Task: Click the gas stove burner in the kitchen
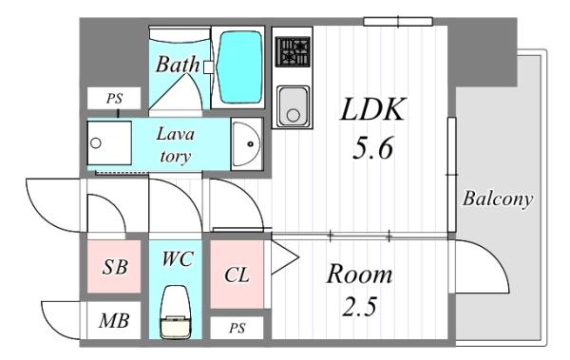pyautogui.click(x=293, y=51)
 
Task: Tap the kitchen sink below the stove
pyautogui.click(x=293, y=106)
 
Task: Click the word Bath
pyautogui.click(x=178, y=65)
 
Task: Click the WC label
pyautogui.click(x=177, y=259)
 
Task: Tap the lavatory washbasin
pyautogui.click(x=246, y=144)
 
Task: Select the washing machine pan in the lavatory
pyautogui.click(x=109, y=142)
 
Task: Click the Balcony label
pyautogui.click(x=497, y=199)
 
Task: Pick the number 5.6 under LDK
pyautogui.click(x=372, y=148)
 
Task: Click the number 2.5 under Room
pyautogui.click(x=359, y=306)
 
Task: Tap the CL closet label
pyautogui.click(x=237, y=275)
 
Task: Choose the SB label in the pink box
pyautogui.click(x=115, y=267)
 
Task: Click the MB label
pyautogui.click(x=114, y=321)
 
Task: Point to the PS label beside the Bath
pyautogui.click(x=114, y=99)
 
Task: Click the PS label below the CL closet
pyautogui.click(x=237, y=329)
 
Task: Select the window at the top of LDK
pyautogui.click(x=398, y=22)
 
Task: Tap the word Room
pyautogui.click(x=359, y=274)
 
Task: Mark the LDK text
pyautogui.click(x=372, y=109)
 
